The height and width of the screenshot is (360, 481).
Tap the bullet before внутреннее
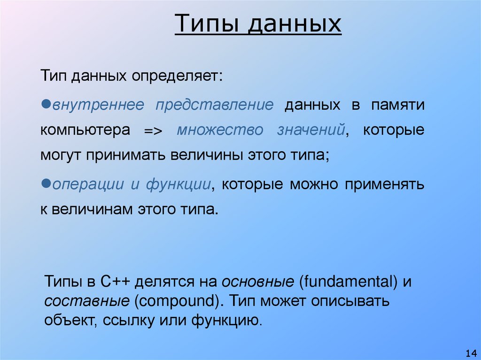46,103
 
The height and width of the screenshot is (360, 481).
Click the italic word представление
214,105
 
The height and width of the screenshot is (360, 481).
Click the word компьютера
85,130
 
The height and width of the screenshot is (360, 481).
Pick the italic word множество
220,130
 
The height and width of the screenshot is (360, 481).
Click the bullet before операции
46,183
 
